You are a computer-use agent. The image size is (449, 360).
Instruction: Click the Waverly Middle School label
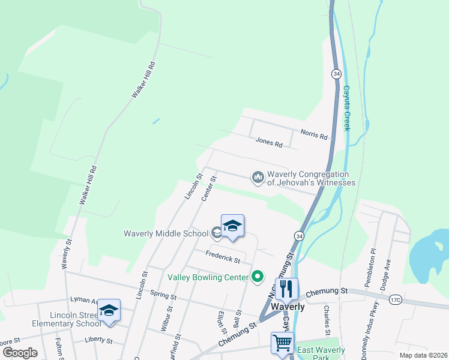point(166,233)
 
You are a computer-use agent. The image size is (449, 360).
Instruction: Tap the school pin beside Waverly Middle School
point(232,226)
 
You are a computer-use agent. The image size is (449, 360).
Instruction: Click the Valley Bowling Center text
point(208,277)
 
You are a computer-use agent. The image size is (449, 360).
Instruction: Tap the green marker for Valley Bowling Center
point(258,276)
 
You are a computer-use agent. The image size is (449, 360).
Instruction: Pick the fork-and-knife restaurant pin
point(286,289)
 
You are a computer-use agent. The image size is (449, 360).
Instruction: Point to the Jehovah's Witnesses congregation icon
point(258,177)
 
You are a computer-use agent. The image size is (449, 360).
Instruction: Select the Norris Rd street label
point(315,136)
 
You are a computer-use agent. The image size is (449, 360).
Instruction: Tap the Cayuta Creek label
point(346,108)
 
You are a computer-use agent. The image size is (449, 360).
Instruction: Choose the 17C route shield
point(395,299)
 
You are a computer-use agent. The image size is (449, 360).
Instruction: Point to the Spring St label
point(163,296)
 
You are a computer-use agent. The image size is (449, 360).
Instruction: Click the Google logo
point(20,353)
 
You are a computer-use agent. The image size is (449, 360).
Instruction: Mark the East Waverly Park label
point(322,354)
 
